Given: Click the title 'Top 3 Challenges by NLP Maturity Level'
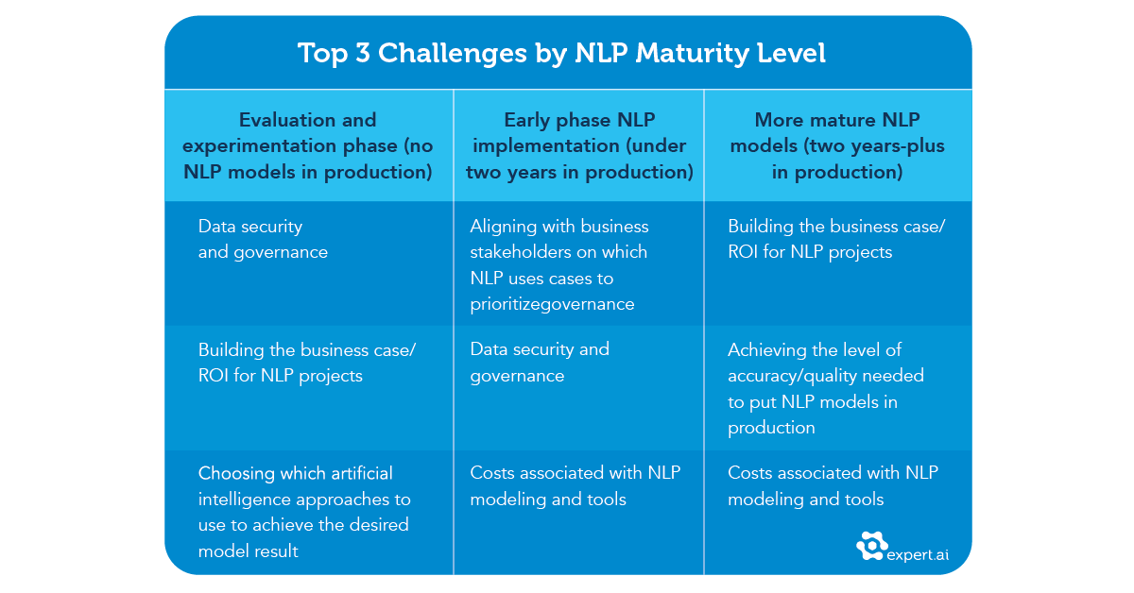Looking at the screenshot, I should (562, 53).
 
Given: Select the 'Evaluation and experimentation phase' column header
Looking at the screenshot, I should (307, 146).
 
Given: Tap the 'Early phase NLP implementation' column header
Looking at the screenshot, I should (579, 146).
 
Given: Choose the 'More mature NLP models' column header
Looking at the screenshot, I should (836, 146).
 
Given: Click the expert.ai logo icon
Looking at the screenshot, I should (871, 547).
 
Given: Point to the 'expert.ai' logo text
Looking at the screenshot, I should (918, 555).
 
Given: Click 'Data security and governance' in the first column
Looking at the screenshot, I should (263, 239).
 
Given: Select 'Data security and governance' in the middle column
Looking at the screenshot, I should (540, 362).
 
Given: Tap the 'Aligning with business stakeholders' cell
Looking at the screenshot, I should (559, 265).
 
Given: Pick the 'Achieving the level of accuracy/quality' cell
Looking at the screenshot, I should (825, 388).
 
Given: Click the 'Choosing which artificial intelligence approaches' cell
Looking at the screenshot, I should (304, 511).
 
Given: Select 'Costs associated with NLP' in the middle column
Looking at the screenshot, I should (575, 485).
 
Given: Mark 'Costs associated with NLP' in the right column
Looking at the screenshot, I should (832, 485).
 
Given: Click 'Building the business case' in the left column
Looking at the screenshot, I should (306, 362).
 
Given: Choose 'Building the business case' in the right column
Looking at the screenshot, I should (835, 239).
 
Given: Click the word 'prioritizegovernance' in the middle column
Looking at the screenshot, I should (552, 304).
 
